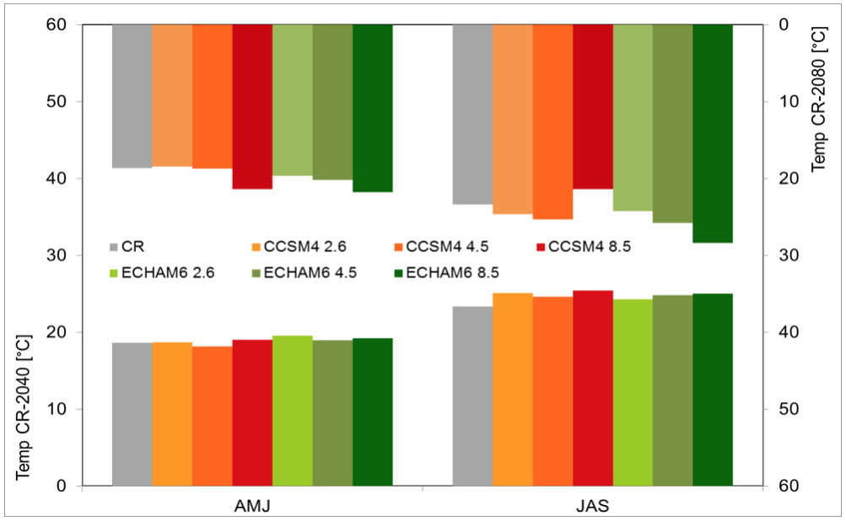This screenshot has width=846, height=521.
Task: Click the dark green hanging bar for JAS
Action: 713,133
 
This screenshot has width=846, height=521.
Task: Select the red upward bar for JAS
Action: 593,388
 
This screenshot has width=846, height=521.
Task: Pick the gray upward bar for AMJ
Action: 132,414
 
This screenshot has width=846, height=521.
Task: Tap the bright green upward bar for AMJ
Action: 293,411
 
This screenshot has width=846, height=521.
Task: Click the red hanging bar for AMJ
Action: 252,106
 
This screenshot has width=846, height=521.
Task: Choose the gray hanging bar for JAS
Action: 472,114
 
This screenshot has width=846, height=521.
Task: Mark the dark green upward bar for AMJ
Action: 373,411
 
